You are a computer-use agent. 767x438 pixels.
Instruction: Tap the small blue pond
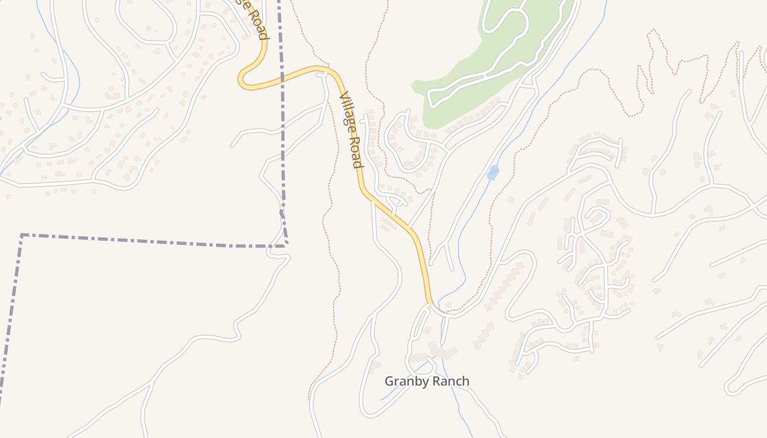[x=493, y=173]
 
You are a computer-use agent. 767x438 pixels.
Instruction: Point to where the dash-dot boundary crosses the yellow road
[x=282, y=77]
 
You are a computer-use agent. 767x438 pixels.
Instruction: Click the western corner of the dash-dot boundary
[x=22, y=235]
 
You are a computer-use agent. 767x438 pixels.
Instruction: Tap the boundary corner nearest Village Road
[x=286, y=245]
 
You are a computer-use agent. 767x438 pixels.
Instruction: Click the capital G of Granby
[x=389, y=381]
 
